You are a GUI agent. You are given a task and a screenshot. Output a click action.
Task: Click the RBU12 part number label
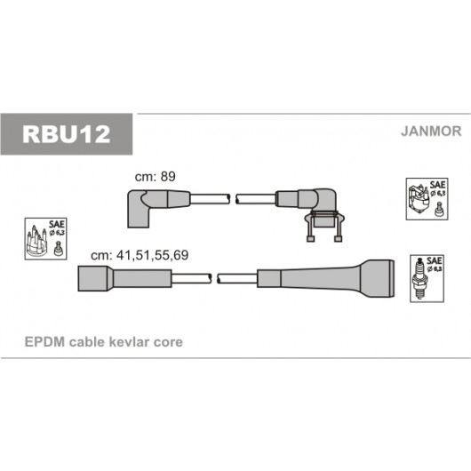coord(67,134)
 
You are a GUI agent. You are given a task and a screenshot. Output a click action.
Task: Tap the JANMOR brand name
coord(431,132)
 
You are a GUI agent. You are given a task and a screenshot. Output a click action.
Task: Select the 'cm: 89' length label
coord(155,177)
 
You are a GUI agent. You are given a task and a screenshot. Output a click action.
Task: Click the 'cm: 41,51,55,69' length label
coord(140,255)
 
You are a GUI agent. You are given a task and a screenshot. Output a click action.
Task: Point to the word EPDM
coord(44,342)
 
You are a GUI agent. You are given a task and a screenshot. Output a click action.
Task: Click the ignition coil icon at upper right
coord(419,199)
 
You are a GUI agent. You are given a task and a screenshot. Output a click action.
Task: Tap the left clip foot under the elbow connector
coord(310,239)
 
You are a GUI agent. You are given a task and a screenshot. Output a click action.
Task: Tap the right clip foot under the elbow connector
coord(338,239)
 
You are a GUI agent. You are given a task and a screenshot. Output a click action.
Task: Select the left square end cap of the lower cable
coord(93,278)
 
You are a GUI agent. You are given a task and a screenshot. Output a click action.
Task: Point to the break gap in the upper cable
coord(233,199)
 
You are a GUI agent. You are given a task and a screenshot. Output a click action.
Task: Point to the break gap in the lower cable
coord(214,278)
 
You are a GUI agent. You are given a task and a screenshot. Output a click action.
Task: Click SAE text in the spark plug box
coord(435,260)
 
